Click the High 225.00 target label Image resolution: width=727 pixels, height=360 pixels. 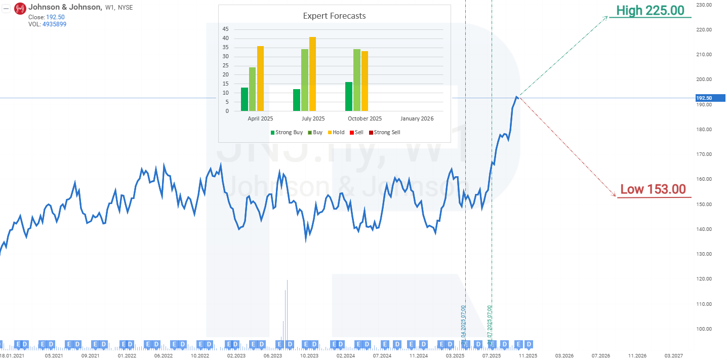(650, 10)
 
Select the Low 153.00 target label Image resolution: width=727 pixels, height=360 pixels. (653, 189)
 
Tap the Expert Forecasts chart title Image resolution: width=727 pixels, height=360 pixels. (334, 16)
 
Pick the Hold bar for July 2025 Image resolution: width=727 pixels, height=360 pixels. (312, 74)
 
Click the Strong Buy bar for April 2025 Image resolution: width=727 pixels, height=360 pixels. (245, 99)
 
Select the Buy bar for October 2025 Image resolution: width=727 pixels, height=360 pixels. (357, 80)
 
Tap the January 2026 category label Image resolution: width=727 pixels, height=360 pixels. (417, 118)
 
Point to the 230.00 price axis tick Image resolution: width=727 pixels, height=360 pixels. (704, 5)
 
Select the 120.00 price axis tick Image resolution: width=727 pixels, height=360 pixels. (704, 279)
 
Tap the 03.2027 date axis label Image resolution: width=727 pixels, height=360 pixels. (673, 355)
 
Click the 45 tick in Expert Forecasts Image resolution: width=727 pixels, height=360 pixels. (226, 29)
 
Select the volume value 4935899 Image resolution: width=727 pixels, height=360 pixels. (54, 24)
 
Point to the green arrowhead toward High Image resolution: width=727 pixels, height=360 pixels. (605, 17)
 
